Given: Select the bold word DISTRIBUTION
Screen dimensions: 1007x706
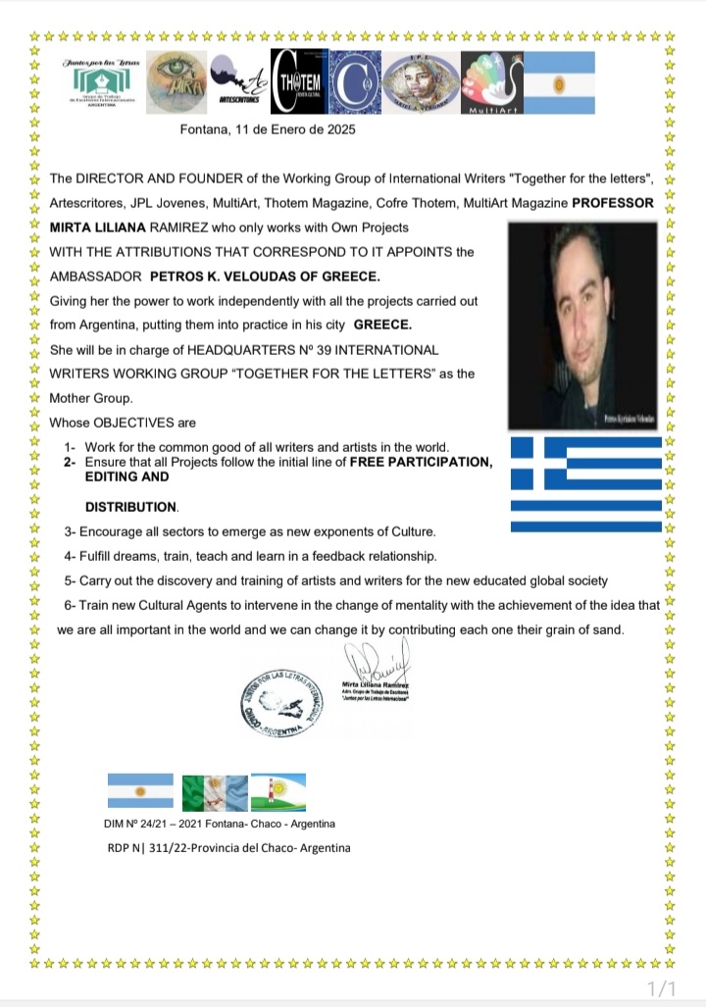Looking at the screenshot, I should point(131,507).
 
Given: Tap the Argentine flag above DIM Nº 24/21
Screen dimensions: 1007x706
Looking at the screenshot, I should point(140,790).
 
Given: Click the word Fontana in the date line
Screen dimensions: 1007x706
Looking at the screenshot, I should point(205,129).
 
